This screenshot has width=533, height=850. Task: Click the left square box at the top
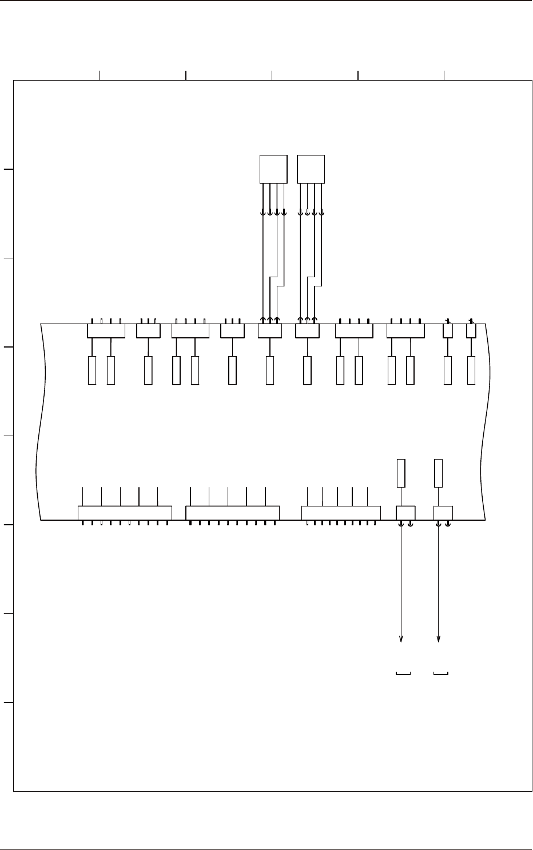tap(273, 169)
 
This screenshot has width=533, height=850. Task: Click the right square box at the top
tap(311, 169)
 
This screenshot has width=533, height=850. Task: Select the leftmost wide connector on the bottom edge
tap(125, 513)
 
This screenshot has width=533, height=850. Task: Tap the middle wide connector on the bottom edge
tap(233, 513)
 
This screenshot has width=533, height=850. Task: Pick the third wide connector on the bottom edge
tap(341, 513)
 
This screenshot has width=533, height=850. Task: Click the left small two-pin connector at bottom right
tap(406, 513)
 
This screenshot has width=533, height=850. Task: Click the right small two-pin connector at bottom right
tap(443, 513)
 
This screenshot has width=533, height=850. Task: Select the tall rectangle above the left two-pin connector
tap(401, 473)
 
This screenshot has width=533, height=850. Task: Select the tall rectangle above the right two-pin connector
tap(439, 473)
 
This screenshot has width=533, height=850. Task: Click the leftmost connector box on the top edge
tap(106, 331)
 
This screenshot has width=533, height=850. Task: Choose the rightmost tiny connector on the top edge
tap(471, 330)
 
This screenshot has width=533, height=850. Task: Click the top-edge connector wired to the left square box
tap(270, 331)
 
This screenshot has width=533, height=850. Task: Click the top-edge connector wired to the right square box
tap(307, 331)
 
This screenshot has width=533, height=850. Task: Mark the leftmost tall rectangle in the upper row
tap(92, 370)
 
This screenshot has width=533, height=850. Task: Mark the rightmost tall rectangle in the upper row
tap(471, 370)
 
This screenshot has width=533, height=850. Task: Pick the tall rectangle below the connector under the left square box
tap(270, 370)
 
